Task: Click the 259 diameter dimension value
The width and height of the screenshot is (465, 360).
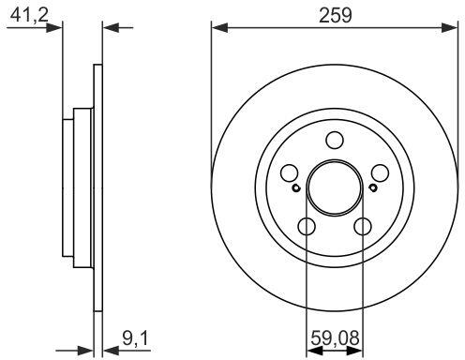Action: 335,15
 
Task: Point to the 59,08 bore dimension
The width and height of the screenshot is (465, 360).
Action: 335,337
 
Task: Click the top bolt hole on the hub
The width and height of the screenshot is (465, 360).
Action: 335,140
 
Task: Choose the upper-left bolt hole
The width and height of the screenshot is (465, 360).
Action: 289,172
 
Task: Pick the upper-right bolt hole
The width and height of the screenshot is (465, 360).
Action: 381,172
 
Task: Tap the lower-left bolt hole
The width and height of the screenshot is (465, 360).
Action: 307,227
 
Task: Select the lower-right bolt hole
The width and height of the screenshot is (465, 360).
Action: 363,227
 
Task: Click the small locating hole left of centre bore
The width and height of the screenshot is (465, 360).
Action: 295,188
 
